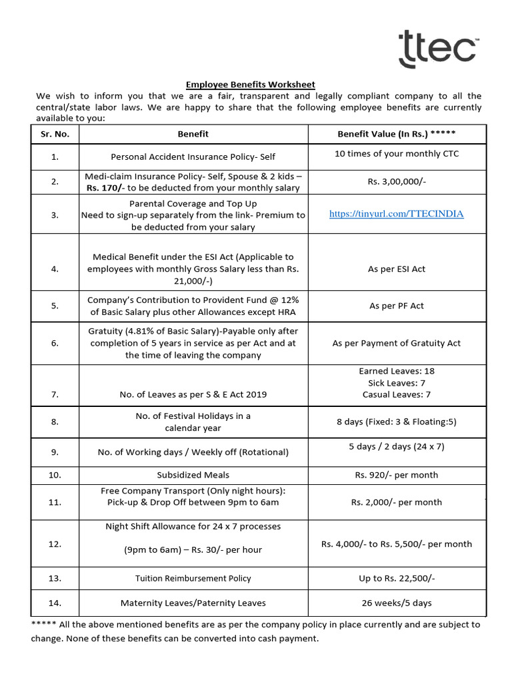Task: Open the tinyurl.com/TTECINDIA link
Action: pyautogui.click(x=396, y=214)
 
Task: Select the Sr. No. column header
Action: pyautogui.click(x=55, y=134)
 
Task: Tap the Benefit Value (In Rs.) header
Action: pyautogui.click(x=396, y=134)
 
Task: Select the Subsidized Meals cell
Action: pyautogui.click(x=193, y=475)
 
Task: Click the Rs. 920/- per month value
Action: pyautogui.click(x=396, y=475)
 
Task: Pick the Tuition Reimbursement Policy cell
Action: pyautogui.click(x=193, y=578)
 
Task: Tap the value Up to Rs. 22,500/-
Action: pyautogui.click(x=396, y=578)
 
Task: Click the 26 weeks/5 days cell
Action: pyautogui.click(x=396, y=603)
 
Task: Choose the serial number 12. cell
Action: pyautogui.click(x=55, y=544)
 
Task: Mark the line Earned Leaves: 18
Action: pyautogui.click(x=396, y=371)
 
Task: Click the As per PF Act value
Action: pyautogui.click(x=396, y=306)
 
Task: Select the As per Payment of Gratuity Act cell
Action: pyautogui.click(x=396, y=343)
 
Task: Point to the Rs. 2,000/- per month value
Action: pyautogui.click(x=396, y=502)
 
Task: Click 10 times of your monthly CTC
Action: pyautogui.click(x=396, y=154)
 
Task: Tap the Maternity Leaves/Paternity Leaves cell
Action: pyautogui.click(x=193, y=603)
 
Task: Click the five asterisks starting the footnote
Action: pyautogui.click(x=43, y=625)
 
